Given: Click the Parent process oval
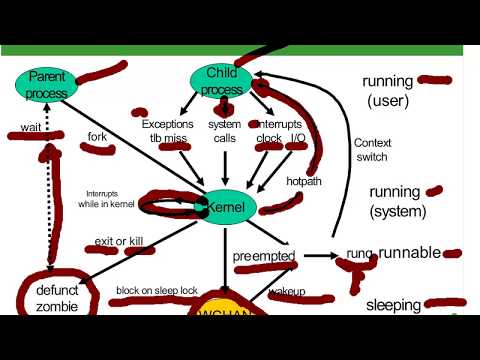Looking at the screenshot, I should coord(47,84).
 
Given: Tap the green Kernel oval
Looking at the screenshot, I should coord(227,207).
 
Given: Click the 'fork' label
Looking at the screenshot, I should coord(97,136).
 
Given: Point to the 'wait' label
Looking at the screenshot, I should coord(30,128).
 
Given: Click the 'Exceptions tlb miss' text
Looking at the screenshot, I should coord(167,131).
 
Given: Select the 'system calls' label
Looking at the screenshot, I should coord(224,131).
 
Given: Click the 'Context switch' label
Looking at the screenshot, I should coord(372,150).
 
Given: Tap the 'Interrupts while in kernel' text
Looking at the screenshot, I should coord(109,199).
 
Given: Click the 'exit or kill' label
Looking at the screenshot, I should coord(120,242).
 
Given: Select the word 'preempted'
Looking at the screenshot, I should coord(264,256).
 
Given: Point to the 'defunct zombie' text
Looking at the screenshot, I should coord(50,298).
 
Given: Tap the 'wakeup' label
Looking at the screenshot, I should coord(287,292).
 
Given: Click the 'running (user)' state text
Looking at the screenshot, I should coord(389,90).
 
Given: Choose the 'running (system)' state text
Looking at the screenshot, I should coord(397,201).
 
